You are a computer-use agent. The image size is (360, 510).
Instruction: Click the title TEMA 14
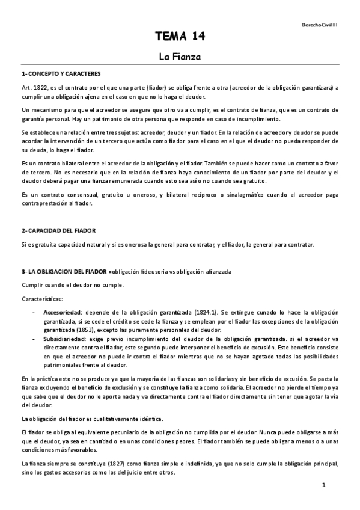(180, 37)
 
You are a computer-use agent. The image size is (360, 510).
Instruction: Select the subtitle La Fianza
(180, 58)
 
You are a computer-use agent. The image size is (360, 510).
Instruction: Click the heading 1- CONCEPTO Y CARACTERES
(58, 74)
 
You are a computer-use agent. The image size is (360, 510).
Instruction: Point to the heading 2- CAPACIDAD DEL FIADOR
(58, 230)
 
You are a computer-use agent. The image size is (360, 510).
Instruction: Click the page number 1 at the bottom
(323, 485)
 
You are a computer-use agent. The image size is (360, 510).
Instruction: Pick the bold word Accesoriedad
(63, 313)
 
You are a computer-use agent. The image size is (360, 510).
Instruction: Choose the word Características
(41, 298)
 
